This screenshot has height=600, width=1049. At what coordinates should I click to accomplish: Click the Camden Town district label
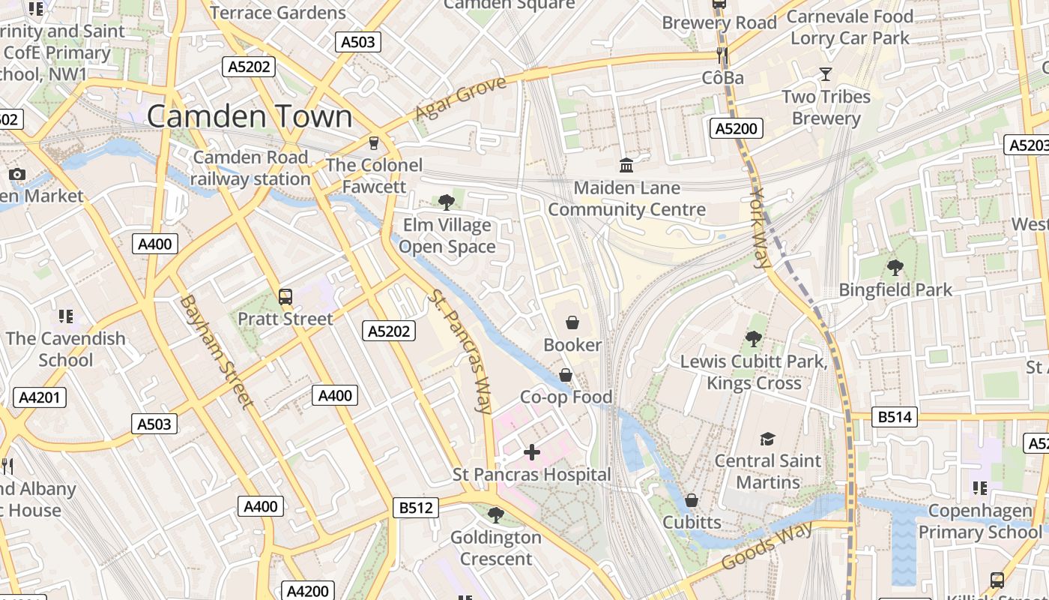point(250,116)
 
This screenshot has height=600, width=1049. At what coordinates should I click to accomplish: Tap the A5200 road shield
point(736,128)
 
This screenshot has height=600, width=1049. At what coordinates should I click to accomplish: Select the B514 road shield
point(895,417)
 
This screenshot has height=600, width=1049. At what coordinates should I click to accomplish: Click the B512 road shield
point(416,508)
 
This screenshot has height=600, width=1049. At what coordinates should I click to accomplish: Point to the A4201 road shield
point(40,397)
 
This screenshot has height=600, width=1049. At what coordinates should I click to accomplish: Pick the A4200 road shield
point(307,591)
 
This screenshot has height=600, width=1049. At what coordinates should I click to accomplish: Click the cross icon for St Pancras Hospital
point(531,452)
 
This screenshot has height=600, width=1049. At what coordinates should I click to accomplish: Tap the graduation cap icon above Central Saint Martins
point(767,439)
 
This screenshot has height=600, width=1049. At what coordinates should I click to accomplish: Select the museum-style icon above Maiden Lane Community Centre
point(626,165)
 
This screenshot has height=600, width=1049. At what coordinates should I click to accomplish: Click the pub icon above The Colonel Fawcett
point(374,142)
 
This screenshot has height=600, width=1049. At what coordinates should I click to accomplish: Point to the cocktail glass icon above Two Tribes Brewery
point(826,73)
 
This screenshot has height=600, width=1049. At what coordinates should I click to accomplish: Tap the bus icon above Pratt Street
point(285,296)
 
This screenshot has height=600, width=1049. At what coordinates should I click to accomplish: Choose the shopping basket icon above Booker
point(572,322)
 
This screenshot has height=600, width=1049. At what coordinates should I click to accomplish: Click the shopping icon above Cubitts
point(692,499)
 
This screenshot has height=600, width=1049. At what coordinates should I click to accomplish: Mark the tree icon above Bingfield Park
point(895,267)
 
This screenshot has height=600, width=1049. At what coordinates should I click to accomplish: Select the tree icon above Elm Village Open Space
point(447,202)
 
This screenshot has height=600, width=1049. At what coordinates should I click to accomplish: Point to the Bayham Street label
point(216,351)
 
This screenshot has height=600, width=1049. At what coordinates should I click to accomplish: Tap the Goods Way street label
point(767,546)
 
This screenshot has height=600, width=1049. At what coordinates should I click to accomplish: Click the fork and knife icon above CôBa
point(722,55)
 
